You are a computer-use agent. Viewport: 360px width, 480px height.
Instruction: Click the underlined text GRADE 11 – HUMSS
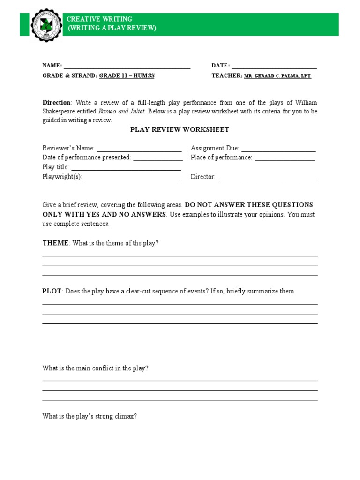tap(127, 75)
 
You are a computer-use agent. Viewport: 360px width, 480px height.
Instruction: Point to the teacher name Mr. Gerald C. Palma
tap(277, 76)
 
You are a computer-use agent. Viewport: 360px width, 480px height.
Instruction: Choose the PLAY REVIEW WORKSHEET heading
tap(180, 130)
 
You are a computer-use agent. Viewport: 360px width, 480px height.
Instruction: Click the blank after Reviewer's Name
tap(139, 149)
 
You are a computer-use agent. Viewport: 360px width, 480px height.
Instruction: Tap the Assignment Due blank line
tap(278, 149)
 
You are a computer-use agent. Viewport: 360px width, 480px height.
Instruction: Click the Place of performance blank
tap(284, 158)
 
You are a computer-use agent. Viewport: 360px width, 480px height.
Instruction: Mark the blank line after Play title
tap(126, 168)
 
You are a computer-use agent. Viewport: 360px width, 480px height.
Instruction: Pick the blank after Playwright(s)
tap(132, 178)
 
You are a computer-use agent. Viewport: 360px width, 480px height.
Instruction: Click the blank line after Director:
tap(267, 178)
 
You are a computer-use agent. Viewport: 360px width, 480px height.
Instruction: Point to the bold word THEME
tap(55, 243)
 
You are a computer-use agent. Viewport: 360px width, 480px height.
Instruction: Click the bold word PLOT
tap(52, 291)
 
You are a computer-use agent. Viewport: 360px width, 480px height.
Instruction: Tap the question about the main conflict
tap(96, 368)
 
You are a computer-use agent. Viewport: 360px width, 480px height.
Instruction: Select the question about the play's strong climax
tap(90, 416)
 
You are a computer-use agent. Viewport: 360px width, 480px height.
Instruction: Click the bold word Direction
tap(56, 103)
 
